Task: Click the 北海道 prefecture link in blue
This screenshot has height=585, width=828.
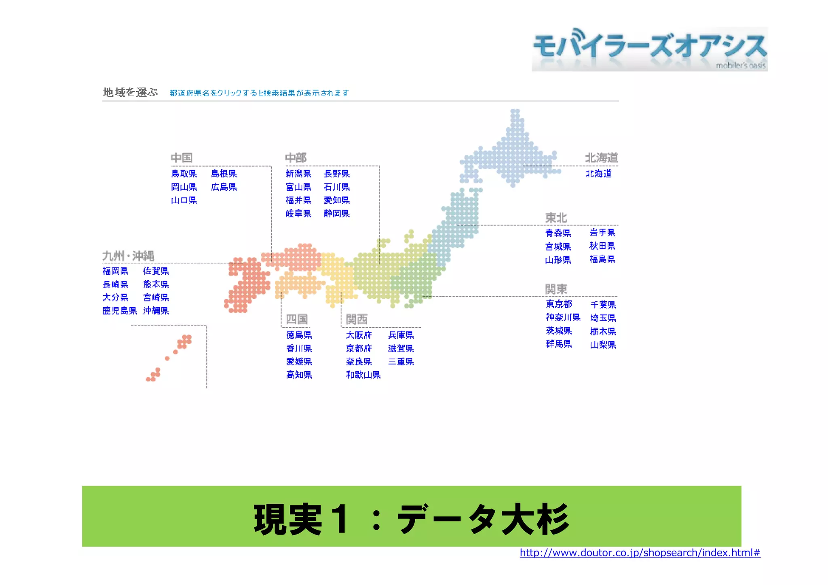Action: (x=599, y=174)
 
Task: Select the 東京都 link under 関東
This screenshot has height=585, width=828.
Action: (x=559, y=304)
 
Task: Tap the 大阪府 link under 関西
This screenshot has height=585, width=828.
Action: (x=359, y=335)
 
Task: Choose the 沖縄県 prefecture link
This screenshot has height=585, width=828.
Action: (x=156, y=311)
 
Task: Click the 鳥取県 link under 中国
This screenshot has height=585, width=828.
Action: (x=184, y=174)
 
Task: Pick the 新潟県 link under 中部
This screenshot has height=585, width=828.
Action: (x=298, y=174)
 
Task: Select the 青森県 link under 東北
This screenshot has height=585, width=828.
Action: (x=558, y=233)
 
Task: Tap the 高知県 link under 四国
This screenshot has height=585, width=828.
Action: (x=299, y=375)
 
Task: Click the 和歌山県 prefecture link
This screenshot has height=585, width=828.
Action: (x=363, y=375)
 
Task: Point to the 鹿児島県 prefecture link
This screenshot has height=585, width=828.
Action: (x=120, y=311)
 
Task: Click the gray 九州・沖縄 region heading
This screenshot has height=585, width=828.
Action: (x=128, y=256)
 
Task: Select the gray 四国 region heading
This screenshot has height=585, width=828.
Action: (x=297, y=320)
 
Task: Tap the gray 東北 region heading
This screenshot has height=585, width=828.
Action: (x=556, y=218)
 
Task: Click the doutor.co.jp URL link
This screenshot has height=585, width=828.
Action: (x=640, y=553)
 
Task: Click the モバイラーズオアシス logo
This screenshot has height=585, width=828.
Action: (x=650, y=49)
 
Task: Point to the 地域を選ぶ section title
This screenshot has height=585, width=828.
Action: (x=130, y=93)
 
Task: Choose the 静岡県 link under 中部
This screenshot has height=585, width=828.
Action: (x=337, y=214)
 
